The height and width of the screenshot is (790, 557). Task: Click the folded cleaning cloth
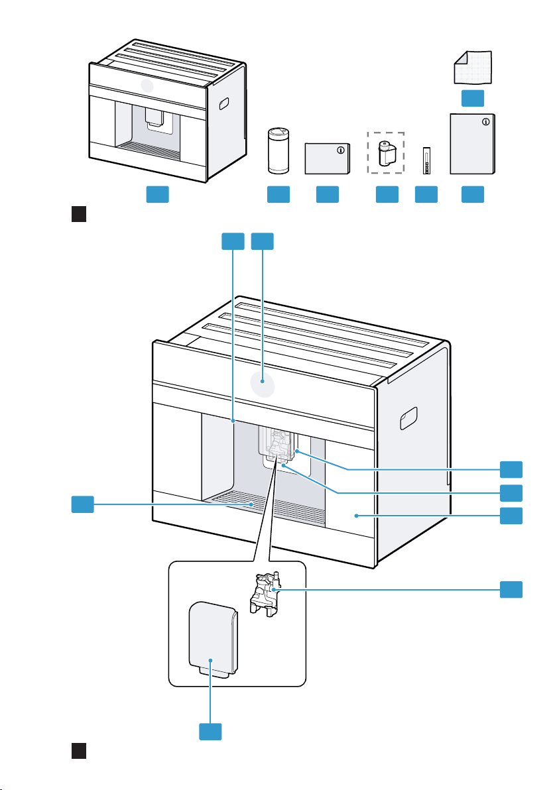[x=473, y=66]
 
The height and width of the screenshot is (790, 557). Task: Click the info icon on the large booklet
[x=487, y=122]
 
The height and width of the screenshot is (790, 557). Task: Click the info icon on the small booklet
[x=341, y=150]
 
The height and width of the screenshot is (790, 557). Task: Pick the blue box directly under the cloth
[x=473, y=99]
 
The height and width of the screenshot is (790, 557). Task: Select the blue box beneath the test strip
[x=426, y=194]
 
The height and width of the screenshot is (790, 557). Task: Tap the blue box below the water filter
[x=387, y=194]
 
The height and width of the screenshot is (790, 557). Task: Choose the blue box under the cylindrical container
[x=278, y=194]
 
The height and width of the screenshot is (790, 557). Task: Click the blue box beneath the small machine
[x=157, y=194]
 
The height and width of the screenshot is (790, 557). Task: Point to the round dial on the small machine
[x=147, y=87]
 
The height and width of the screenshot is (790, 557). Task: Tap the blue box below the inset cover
[x=211, y=732]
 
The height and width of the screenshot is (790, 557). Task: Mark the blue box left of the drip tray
[x=82, y=504]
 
